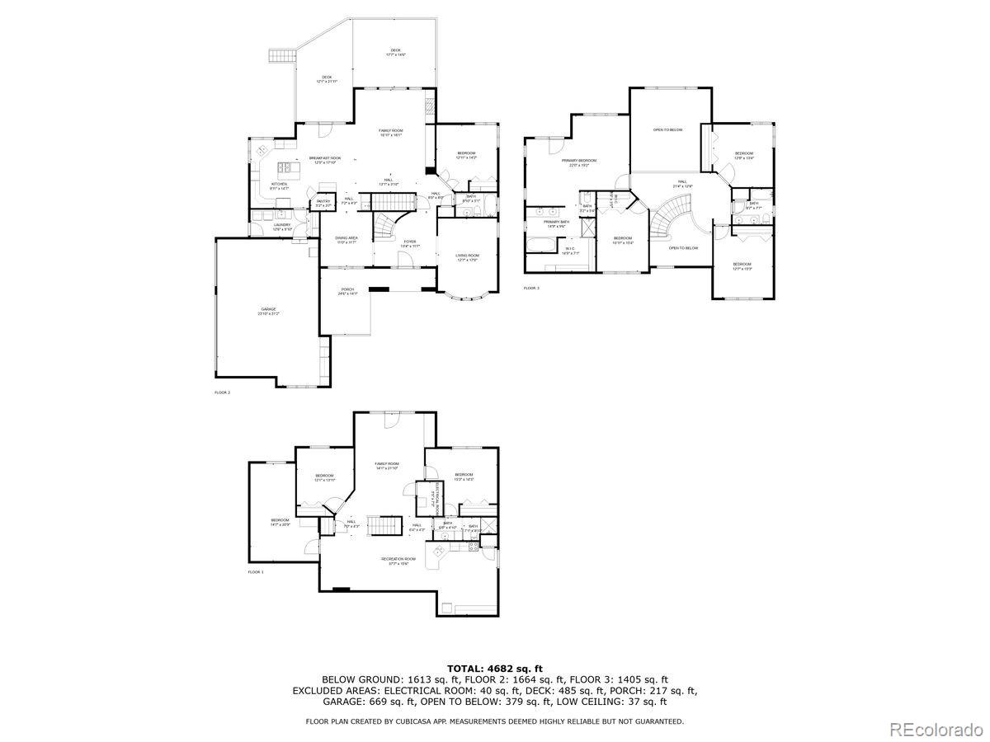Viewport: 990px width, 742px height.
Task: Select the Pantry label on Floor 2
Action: click(x=323, y=202)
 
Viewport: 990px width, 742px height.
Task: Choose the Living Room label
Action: click(x=467, y=256)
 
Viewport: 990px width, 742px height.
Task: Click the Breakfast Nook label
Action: click(x=325, y=159)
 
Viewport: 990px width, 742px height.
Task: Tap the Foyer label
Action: click(x=410, y=242)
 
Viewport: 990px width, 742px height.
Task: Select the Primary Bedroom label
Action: click(x=578, y=162)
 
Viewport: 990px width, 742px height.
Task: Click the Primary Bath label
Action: click(x=555, y=223)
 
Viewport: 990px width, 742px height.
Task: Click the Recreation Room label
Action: click(x=398, y=561)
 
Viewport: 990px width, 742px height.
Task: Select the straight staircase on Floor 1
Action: click(x=381, y=525)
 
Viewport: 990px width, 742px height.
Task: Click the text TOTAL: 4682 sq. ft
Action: click(x=495, y=668)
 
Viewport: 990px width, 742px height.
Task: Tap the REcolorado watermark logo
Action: click(x=935, y=728)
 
